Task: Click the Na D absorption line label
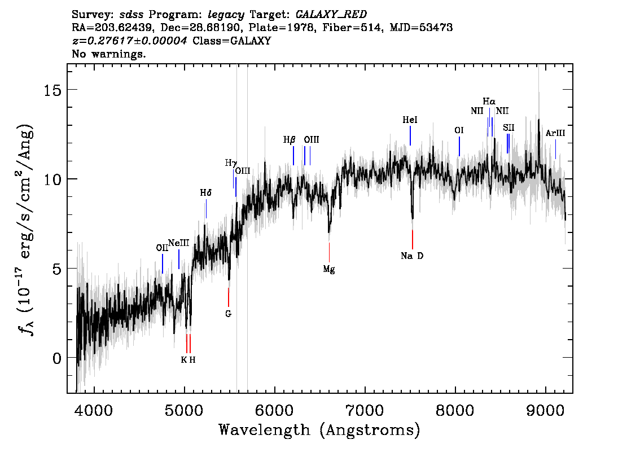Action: tap(412, 256)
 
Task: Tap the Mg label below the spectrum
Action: tap(329, 269)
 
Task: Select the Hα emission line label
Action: tap(489, 101)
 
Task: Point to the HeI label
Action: tap(410, 120)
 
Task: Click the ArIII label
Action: tap(555, 133)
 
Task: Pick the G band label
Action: tap(228, 314)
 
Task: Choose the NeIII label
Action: tap(179, 243)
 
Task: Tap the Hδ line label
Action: tap(205, 192)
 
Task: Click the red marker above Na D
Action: tap(412, 240)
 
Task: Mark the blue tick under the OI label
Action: tap(459, 146)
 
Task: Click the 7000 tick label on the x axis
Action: tap(365, 411)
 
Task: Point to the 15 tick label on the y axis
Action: tap(52, 90)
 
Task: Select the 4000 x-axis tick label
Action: tap(94, 411)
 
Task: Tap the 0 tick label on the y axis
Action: tap(57, 358)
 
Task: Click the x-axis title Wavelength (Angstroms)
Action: tap(319, 430)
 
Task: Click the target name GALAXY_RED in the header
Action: tap(331, 15)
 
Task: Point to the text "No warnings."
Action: tap(108, 54)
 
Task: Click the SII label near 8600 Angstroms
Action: tap(509, 128)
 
